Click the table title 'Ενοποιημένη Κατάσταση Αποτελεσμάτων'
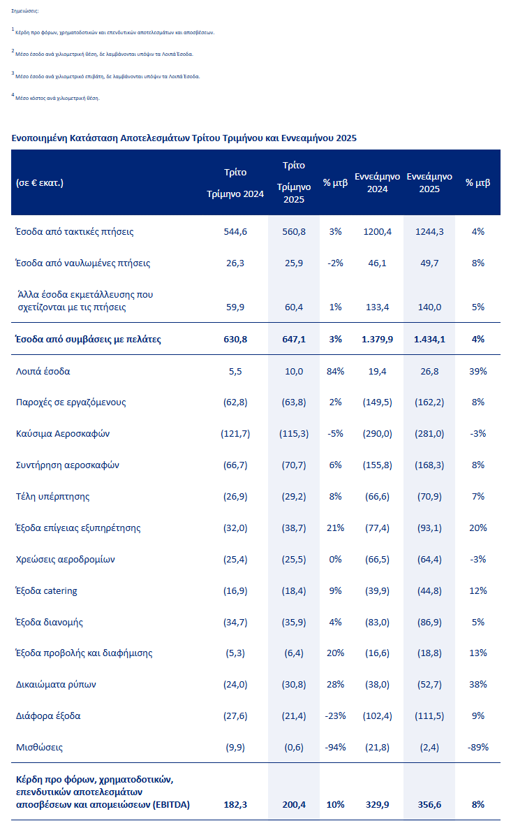coord(184,138)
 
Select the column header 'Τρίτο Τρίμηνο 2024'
coord(235,183)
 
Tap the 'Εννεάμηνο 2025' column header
coord(429,183)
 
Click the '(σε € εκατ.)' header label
coord(40,183)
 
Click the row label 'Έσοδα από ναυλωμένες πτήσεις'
coord(83,263)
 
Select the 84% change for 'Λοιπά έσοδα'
coord(336,371)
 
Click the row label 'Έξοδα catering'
coord(47,590)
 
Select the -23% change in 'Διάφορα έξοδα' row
coord(336,716)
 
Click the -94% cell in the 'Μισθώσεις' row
coord(336,748)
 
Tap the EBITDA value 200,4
coord(294,805)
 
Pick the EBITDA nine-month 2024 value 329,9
coord(377,805)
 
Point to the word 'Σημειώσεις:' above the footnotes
coord(26,12)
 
